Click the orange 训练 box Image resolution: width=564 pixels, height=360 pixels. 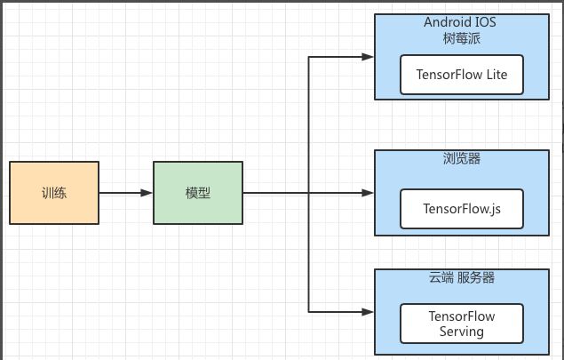[x=54, y=192]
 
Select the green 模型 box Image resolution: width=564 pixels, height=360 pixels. [x=198, y=192]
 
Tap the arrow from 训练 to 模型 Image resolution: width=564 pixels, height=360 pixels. [x=124, y=192]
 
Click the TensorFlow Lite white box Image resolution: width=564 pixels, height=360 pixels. [x=461, y=75]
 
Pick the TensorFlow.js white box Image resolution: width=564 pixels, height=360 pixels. [x=461, y=208]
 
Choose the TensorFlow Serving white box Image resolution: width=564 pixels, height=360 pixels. [x=461, y=324]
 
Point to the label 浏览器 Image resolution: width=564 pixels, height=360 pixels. [x=461, y=162]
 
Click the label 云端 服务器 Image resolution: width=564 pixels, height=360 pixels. [x=461, y=277]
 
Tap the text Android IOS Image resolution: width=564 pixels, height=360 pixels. [x=461, y=21]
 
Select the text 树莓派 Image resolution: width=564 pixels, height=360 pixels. [x=461, y=38]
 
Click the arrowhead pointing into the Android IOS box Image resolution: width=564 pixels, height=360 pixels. [x=368, y=58]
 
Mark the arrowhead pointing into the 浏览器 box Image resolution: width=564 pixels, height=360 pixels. [x=368, y=192]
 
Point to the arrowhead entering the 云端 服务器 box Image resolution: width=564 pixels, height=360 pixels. [x=368, y=311]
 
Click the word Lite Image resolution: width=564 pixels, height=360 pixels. [x=496, y=75]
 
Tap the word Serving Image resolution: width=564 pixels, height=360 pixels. [x=461, y=332]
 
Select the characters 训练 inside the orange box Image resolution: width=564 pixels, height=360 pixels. [x=54, y=192]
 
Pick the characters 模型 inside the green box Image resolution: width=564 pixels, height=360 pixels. [x=198, y=192]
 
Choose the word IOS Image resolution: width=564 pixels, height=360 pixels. [x=487, y=21]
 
